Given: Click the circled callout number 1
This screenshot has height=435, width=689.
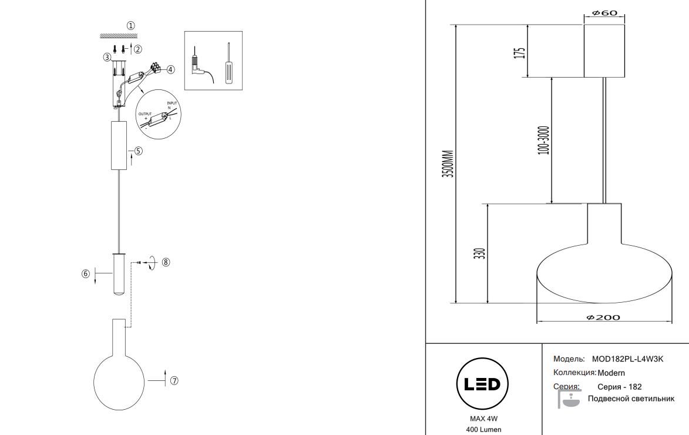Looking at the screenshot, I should (131, 25).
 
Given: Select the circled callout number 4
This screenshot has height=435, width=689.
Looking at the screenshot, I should (170, 69).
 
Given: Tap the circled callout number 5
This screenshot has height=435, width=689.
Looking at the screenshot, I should (138, 150).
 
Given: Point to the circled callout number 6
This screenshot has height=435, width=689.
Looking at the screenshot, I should (86, 273).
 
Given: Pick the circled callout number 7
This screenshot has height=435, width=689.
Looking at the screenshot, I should (174, 380).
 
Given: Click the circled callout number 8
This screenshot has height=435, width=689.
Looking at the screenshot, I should (166, 262).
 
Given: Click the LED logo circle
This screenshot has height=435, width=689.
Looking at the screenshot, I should (482, 384).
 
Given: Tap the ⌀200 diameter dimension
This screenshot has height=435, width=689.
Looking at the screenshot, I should (603, 317).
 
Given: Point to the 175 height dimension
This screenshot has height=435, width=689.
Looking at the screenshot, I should (519, 52).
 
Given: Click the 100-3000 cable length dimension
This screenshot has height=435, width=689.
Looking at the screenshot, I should (543, 140).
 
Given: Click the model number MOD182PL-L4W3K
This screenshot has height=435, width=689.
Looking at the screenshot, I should (631, 359).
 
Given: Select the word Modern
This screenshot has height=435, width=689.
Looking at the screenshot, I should (611, 373).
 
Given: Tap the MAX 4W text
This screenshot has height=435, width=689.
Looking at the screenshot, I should (483, 419).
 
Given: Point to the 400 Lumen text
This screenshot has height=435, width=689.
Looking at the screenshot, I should (483, 430).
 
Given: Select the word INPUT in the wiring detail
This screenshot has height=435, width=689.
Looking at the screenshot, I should (172, 103).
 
